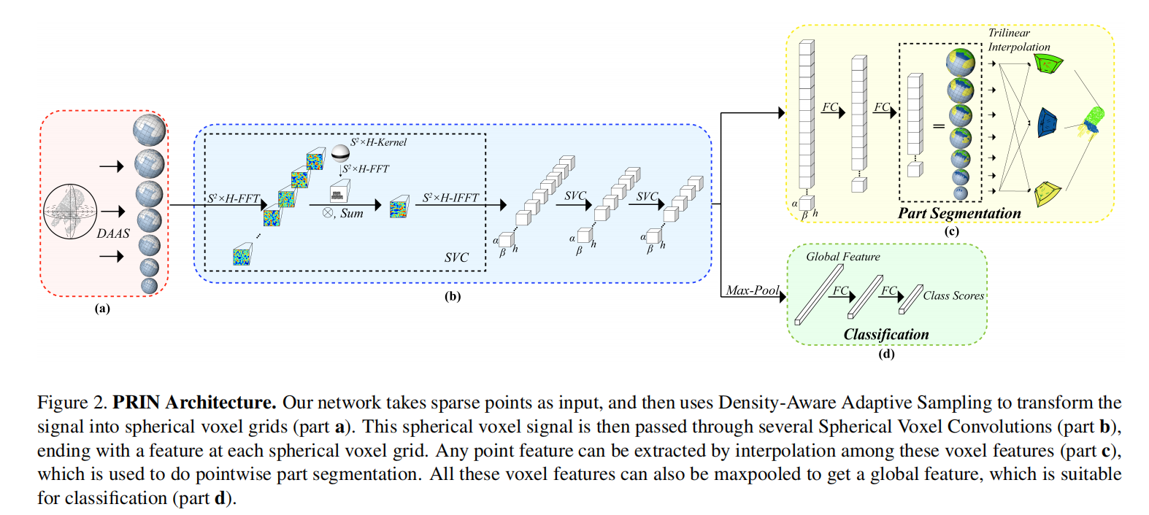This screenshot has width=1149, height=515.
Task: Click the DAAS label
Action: click(113, 233)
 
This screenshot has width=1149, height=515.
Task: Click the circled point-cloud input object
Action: click(69, 212)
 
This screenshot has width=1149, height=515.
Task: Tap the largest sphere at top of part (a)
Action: click(149, 130)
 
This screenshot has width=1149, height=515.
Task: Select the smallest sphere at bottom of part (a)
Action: click(149, 286)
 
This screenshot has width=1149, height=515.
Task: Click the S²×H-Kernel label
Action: click(378, 142)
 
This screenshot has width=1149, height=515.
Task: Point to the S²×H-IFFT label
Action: click(450, 198)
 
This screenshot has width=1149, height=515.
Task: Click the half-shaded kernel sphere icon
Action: click(340, 152)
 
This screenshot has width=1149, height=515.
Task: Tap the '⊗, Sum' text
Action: click(343, 214)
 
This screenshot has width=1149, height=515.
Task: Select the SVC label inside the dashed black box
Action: click(456, 257)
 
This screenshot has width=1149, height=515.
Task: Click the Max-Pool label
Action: click(753, 290)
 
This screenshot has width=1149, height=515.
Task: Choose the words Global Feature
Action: click(842, 257)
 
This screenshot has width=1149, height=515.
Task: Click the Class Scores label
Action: click(953, 295)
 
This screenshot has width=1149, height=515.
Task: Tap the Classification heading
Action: click(885, 334)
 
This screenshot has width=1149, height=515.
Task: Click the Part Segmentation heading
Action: click(959, 213)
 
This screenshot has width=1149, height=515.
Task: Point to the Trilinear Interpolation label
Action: click(1018, 40)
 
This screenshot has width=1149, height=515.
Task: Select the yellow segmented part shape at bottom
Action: click(1048, 193)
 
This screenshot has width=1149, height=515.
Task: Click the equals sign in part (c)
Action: click(939, 126)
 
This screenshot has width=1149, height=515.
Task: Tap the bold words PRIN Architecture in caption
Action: click(194, 403)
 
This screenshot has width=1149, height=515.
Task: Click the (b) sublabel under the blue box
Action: click(453, 297)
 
